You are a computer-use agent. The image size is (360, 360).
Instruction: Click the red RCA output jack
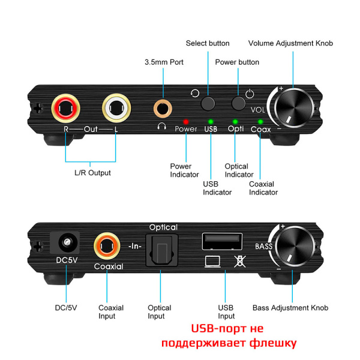pyautogui.click(x=65, y=109)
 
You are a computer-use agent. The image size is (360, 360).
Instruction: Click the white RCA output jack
pyautogui.click(x=115, y=109)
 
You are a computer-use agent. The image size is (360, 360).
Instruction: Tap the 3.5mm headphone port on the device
pyautogui.click(x=162, y=109)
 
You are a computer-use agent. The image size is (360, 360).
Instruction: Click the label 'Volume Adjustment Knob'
pyautogui.click(x=290, y=43)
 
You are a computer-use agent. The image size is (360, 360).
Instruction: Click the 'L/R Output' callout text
pyautogui.click(x=88, y=173)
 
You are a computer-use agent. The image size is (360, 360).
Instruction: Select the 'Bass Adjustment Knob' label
pyautogui.click(x=290, y=308)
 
